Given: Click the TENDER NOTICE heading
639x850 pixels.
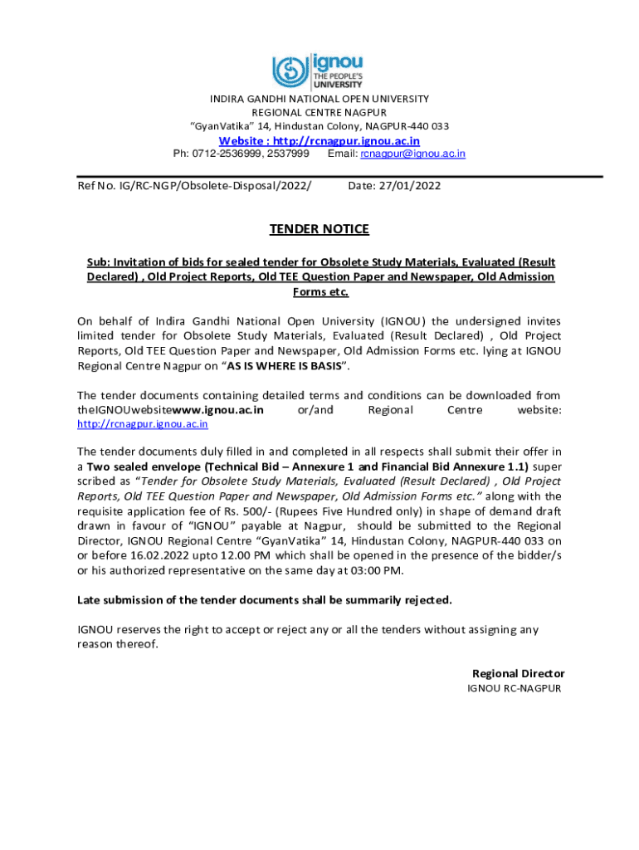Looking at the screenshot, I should (319, 229).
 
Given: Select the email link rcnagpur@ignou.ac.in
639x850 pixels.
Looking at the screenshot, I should (412, 154).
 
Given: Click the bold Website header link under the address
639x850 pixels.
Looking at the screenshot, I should (319, 140).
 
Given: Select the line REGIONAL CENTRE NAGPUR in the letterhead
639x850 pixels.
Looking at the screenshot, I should (319, 112).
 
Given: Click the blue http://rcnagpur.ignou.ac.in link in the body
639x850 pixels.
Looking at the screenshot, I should (142, 423).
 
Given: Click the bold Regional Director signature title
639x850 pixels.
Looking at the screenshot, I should (518, 673).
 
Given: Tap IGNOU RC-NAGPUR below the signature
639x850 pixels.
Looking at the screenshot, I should (515, 689).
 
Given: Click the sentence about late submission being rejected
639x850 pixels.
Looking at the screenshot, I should (265, 599).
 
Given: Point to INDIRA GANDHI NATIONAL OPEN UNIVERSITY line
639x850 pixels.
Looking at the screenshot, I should (319, 98).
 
